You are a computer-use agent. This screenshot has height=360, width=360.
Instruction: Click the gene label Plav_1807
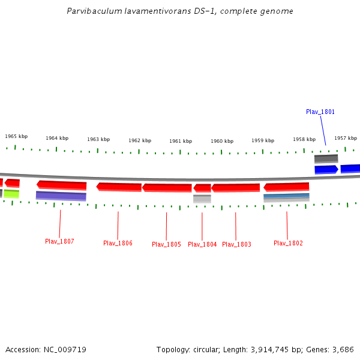[59, 241]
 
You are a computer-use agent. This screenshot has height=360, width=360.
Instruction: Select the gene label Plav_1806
[118, 243]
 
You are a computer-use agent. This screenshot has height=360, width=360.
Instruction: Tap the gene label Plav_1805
[166, 244]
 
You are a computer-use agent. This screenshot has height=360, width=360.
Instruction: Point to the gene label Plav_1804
[202, 244]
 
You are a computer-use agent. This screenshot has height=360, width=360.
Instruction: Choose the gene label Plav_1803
[236, 244]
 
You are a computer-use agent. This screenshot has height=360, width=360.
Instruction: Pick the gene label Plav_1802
[288, 243]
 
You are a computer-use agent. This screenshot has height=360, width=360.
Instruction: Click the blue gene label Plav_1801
[320, 112]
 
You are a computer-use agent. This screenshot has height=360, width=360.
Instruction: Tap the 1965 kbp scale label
[16, 136]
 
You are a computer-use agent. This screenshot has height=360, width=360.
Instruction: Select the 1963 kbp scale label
[98, 139]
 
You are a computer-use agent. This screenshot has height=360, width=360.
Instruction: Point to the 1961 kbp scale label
[181, 141]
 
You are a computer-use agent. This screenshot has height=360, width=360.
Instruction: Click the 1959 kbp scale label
[263, 140]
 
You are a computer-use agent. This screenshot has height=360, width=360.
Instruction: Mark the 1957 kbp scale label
[346, 138]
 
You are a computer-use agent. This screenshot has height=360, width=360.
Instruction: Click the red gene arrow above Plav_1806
[119, 187]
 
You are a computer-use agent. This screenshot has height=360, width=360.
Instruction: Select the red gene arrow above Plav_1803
[236, 188]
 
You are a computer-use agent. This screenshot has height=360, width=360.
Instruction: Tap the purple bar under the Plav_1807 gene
[61, 196]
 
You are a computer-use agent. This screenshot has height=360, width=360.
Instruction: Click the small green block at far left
[11, 194]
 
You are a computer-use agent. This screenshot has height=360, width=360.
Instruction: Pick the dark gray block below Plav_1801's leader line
[326, 159]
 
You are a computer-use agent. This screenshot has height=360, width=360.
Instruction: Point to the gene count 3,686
[343, 349]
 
